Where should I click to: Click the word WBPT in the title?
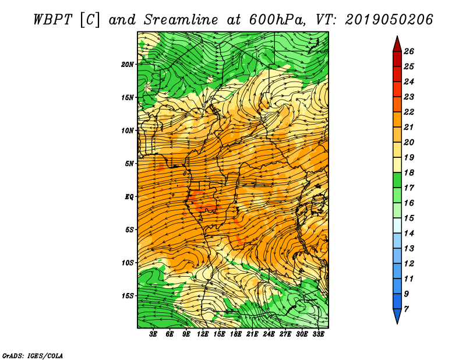(53, 19)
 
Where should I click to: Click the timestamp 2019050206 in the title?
(389, 19)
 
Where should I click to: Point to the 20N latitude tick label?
(128, 64)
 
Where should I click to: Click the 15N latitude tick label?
(128, 97)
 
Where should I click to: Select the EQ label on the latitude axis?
(129, 197)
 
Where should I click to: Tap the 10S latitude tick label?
(128, 263)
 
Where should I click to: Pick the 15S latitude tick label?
(128, 296)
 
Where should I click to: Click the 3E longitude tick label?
(153, 335)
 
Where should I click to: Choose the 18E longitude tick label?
(236, 335)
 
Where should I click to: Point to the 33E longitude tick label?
(319, 335)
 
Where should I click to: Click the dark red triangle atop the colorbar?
(397, 44)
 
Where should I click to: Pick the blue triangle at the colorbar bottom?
(397, 316)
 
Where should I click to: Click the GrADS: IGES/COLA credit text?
(32, 355)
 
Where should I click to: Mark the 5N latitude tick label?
(129, 164)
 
